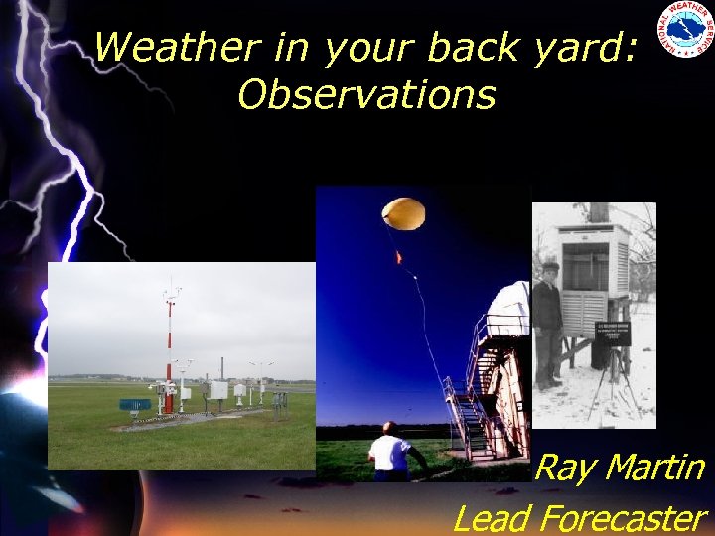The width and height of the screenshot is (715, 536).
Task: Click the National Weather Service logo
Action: [684, 30]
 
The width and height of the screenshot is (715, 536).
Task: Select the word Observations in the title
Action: [366, 94]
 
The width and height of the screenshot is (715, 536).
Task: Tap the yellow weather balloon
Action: [405, 213]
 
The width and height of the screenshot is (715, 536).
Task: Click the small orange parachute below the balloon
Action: [398, 257]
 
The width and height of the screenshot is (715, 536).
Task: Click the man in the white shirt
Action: [391, 452]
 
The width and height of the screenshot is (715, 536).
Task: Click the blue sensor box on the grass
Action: [135, 404]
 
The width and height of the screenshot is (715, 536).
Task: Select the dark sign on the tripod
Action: [612, 333]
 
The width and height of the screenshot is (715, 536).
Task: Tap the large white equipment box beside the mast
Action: [216, 389]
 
